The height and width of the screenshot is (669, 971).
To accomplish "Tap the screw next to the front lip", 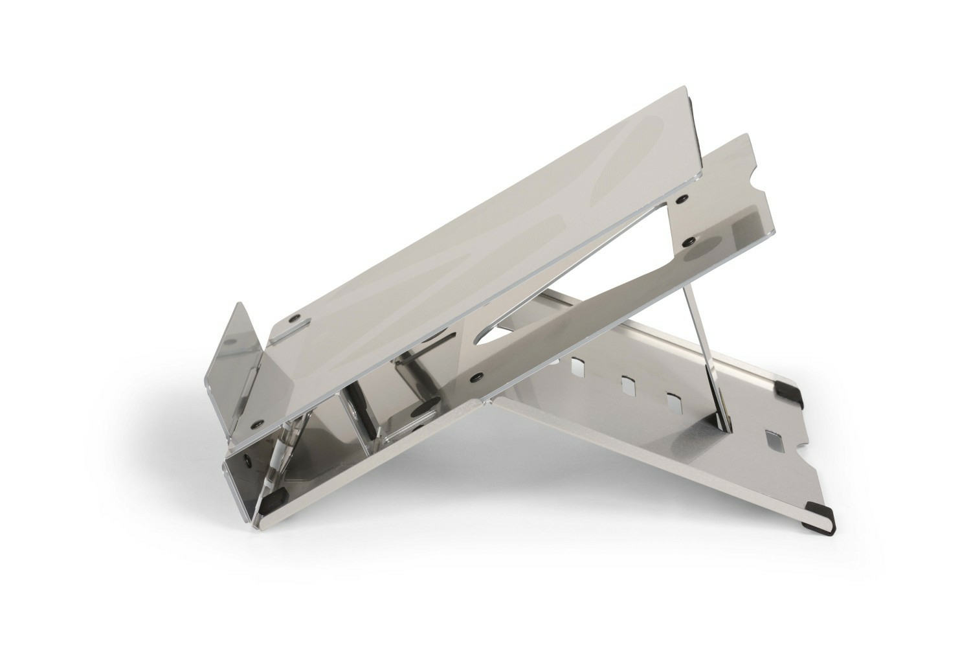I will click(x=296, y=319).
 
